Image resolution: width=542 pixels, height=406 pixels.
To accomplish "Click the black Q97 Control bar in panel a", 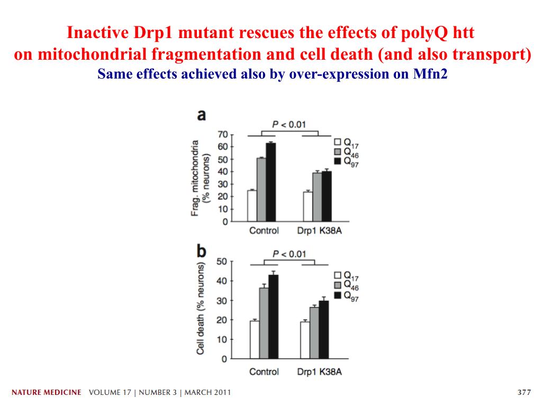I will pyautogui.click(x=271, y=182).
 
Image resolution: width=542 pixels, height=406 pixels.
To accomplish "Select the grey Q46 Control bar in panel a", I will pyautogui.click(x=261, y=190).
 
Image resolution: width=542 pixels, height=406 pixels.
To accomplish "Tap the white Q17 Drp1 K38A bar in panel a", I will pyautogui.click(x=308, y=207).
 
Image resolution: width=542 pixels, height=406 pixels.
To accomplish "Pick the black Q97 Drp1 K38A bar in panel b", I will pyautogui.click(x=323, y=330).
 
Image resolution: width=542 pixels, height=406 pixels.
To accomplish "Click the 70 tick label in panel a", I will pyautogui.click(x=223, y=134).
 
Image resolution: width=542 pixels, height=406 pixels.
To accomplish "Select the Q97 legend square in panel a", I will pyautogui.click(x=337, y=160).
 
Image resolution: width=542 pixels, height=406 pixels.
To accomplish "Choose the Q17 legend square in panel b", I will pyautogui.click(x=337, y=275).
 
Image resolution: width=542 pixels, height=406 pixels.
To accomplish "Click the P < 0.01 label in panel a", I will pyautogui.click(x=289, y=124).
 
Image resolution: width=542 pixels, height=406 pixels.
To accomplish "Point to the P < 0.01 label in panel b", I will pyautogui.click(x=289, y=254).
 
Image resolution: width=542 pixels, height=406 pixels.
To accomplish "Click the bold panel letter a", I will pyautogui.click(x=202, y=115).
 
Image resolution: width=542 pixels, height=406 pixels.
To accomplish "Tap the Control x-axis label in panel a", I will pyautogui.click(x=264, y=230).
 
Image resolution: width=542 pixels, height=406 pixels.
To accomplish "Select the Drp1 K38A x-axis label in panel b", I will pyautogui.click(x=319, y=372).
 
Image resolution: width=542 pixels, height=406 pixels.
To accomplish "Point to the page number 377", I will pyautogui.click(x=523, y=393).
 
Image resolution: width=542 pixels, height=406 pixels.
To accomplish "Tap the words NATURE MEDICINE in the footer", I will pyautogui.click(x=47, y=393).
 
